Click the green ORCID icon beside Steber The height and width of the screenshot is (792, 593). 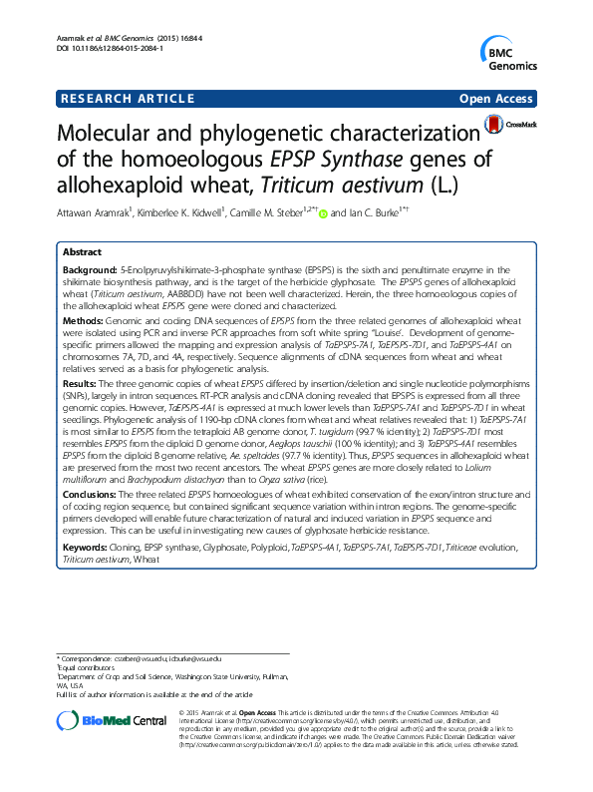[323, 212]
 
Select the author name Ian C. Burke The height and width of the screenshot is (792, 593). [385, 212]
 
